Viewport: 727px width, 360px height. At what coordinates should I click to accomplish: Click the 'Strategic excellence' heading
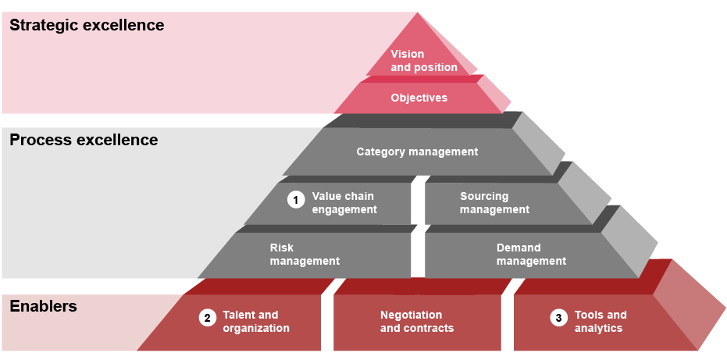click(x=87, y=25)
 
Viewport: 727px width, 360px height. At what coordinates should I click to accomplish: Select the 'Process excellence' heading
click(x=84, y=141)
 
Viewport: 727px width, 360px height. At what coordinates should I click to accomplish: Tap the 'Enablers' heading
click(x=43, y=306)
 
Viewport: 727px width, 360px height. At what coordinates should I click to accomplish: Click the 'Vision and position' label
click(x=423, y=61)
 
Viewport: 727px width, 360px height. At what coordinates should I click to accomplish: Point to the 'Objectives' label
click(x=419, y=98)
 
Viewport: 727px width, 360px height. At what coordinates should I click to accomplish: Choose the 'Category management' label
click(x=417, y=151)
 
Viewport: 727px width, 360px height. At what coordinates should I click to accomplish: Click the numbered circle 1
click(x=295, y=200)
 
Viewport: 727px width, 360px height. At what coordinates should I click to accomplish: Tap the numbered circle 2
click(x=207, y=318)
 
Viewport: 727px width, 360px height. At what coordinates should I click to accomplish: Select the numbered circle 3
click(x=558, y=318)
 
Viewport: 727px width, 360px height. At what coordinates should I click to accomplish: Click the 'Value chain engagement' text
click(x=344, y=203)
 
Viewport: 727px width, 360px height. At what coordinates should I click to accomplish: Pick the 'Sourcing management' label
click(x=494, y=203)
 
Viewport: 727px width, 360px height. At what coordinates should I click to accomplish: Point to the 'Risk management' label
click(x=305, y=255)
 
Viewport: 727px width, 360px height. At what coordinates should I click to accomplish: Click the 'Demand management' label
click(x=531, y=255)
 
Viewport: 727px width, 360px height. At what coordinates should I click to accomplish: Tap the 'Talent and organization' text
click(x=255, y=322)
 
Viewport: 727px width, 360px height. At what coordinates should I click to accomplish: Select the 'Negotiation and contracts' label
click(x=416, y=322)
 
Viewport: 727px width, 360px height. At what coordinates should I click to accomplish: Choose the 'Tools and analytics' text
click(x=600, y=322)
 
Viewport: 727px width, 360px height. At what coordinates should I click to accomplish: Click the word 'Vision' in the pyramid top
click(x=408, y=54)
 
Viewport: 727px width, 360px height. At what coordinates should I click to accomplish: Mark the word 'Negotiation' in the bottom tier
click(x=411, y=315)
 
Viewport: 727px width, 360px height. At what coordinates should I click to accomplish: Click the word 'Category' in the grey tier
click(x=380, y=151)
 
